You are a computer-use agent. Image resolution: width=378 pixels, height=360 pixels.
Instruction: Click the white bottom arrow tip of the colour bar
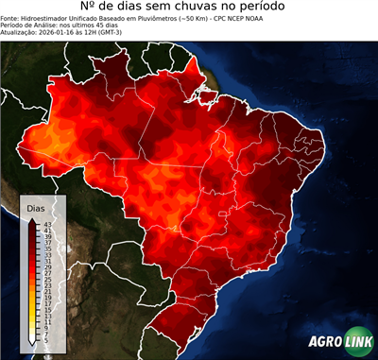click(x=32, y=343)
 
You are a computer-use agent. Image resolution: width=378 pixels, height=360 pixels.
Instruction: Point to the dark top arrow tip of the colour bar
click(x=32, y=219)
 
